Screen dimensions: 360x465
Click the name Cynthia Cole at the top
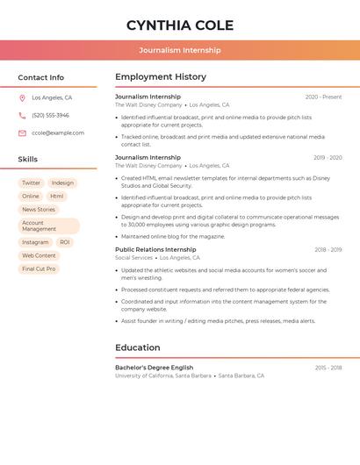pos(180,25)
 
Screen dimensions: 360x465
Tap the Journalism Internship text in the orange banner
pos(180,50)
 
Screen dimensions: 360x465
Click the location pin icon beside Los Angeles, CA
pos(22,97)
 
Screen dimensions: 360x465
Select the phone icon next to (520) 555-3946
pos(22,115)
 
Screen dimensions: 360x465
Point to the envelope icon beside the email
pos(22,132)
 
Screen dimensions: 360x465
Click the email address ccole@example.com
pos(58,132)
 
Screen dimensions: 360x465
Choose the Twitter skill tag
pos(31,183)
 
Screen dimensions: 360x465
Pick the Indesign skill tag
pos(62,183)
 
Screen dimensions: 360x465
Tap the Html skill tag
pos(57,197)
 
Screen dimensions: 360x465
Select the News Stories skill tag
pos(39,210)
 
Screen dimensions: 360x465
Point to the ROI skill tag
pos(65,242)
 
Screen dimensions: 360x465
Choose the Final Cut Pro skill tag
pos(39,268)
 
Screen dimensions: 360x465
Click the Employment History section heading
pos(161,77)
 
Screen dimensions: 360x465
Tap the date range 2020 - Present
pos(323,97)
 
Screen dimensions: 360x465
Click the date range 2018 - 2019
pos(328,250)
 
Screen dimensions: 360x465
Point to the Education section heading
pos(137,347)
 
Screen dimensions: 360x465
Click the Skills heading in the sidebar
pos(28,159)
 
